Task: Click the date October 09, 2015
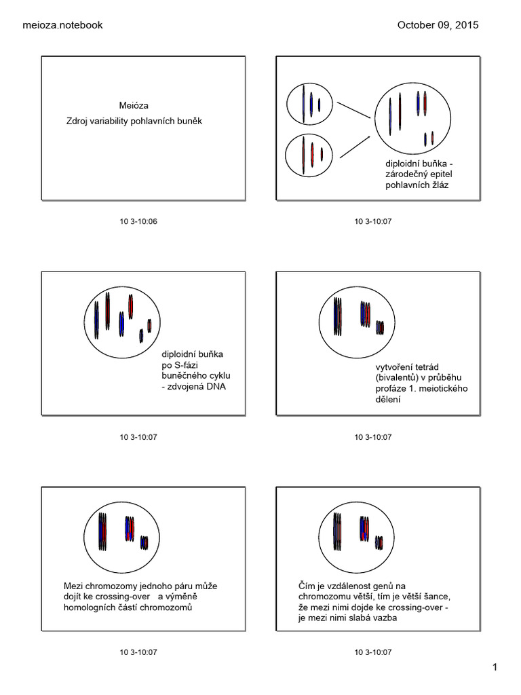point(438,25)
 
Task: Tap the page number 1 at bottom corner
point(496,668)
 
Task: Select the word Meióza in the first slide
point(134,106)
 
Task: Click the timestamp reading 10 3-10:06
point(138,222)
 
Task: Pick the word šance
point(433,597)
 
